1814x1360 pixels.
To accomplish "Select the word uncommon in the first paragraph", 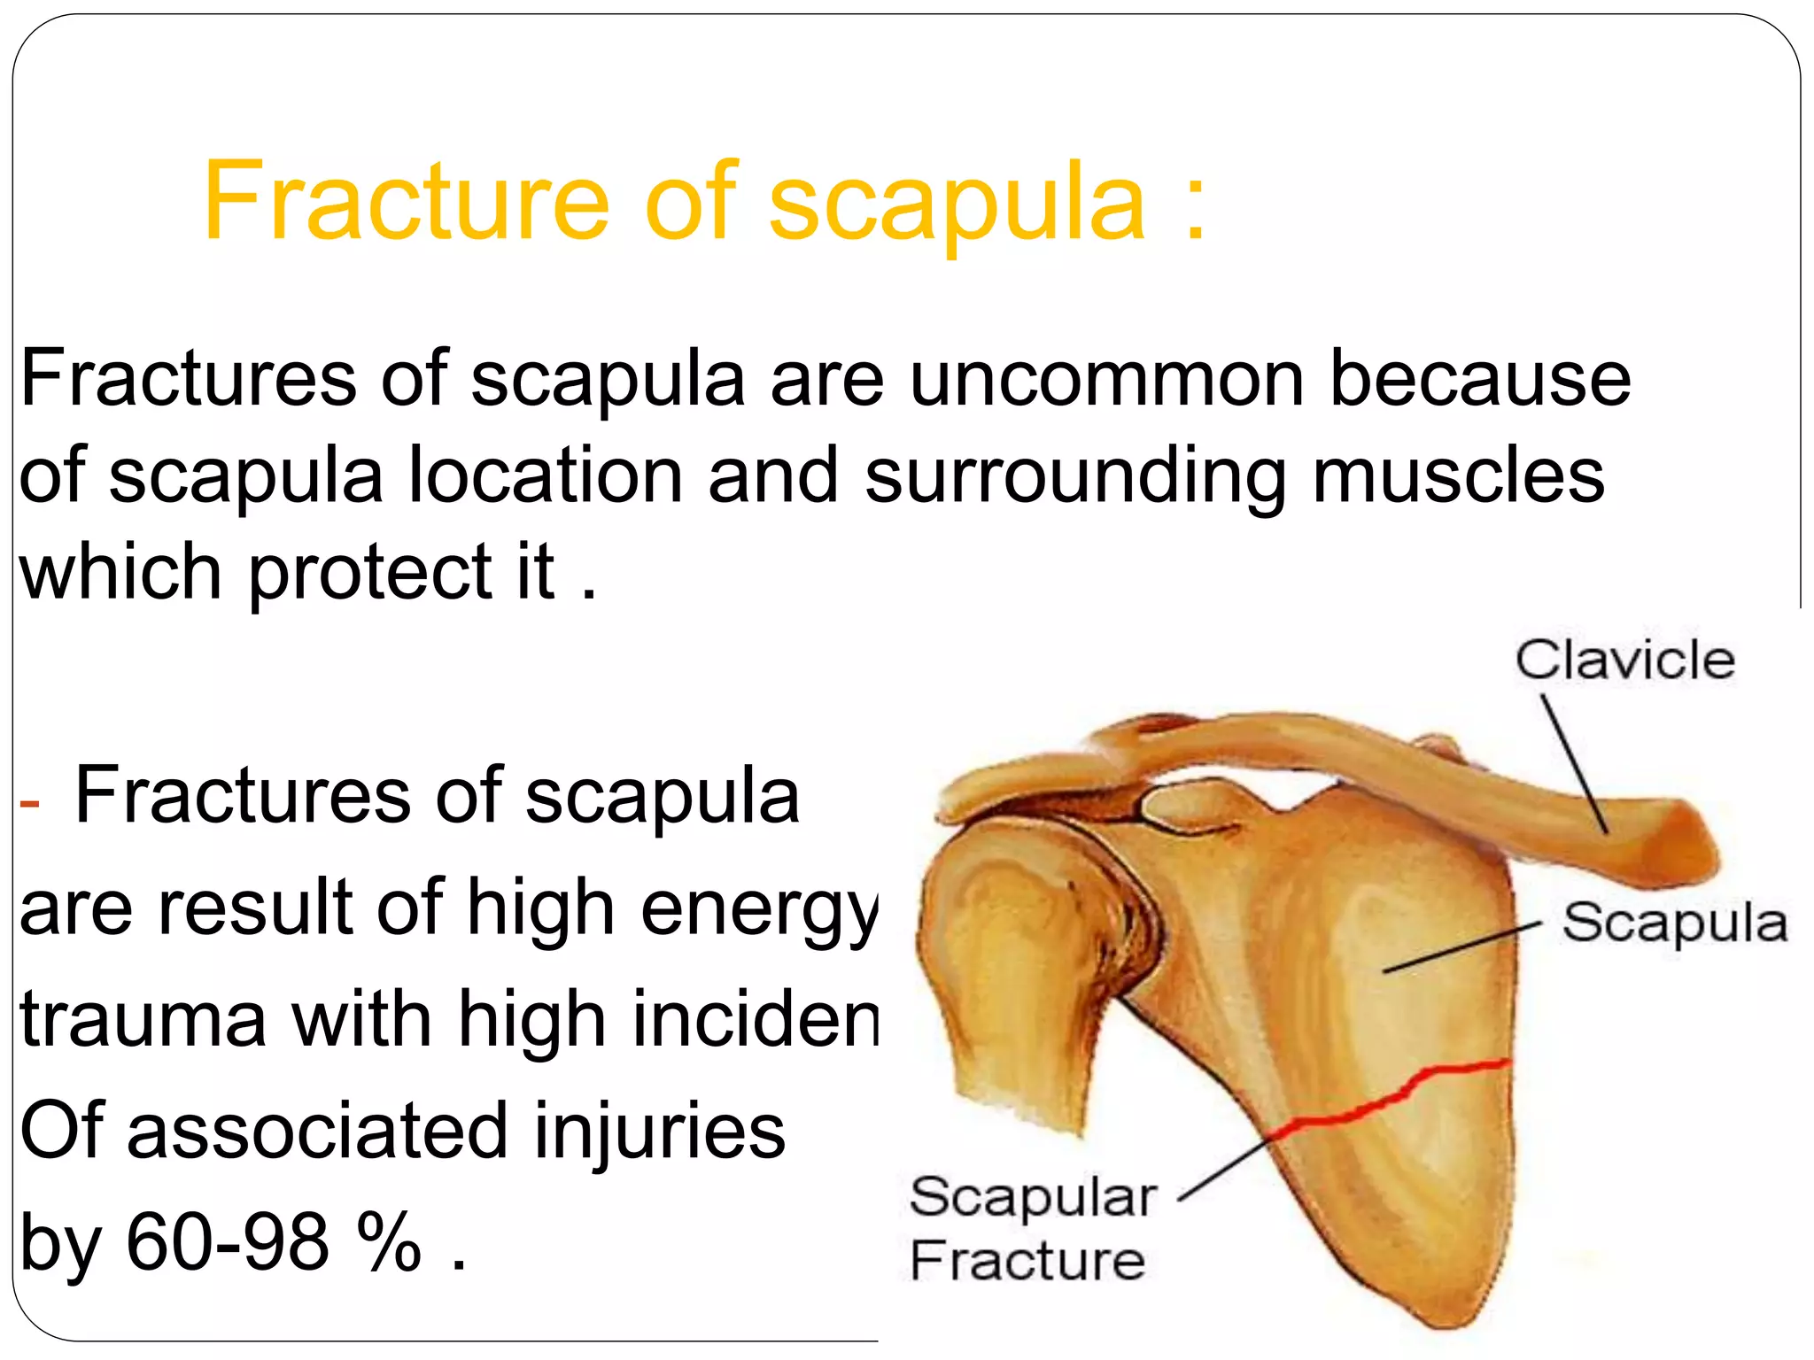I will [x=1106, y=379].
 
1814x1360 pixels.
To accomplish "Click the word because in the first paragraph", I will [x=1480, y=379].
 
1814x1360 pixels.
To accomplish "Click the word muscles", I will [x=1458, y=475].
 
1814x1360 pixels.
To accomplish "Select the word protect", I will [x=369, y=574].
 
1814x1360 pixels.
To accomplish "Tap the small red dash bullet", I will [x=29, y=803].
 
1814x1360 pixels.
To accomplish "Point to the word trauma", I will [x=143, y=1019].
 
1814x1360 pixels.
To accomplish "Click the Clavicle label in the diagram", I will [x=1624, y=660].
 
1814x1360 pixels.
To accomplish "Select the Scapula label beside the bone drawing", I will [x=1674, y=923].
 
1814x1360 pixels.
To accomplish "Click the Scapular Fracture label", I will [x=1032, y=1228].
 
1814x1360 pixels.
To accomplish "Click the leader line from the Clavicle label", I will [x=1574, y=762].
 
